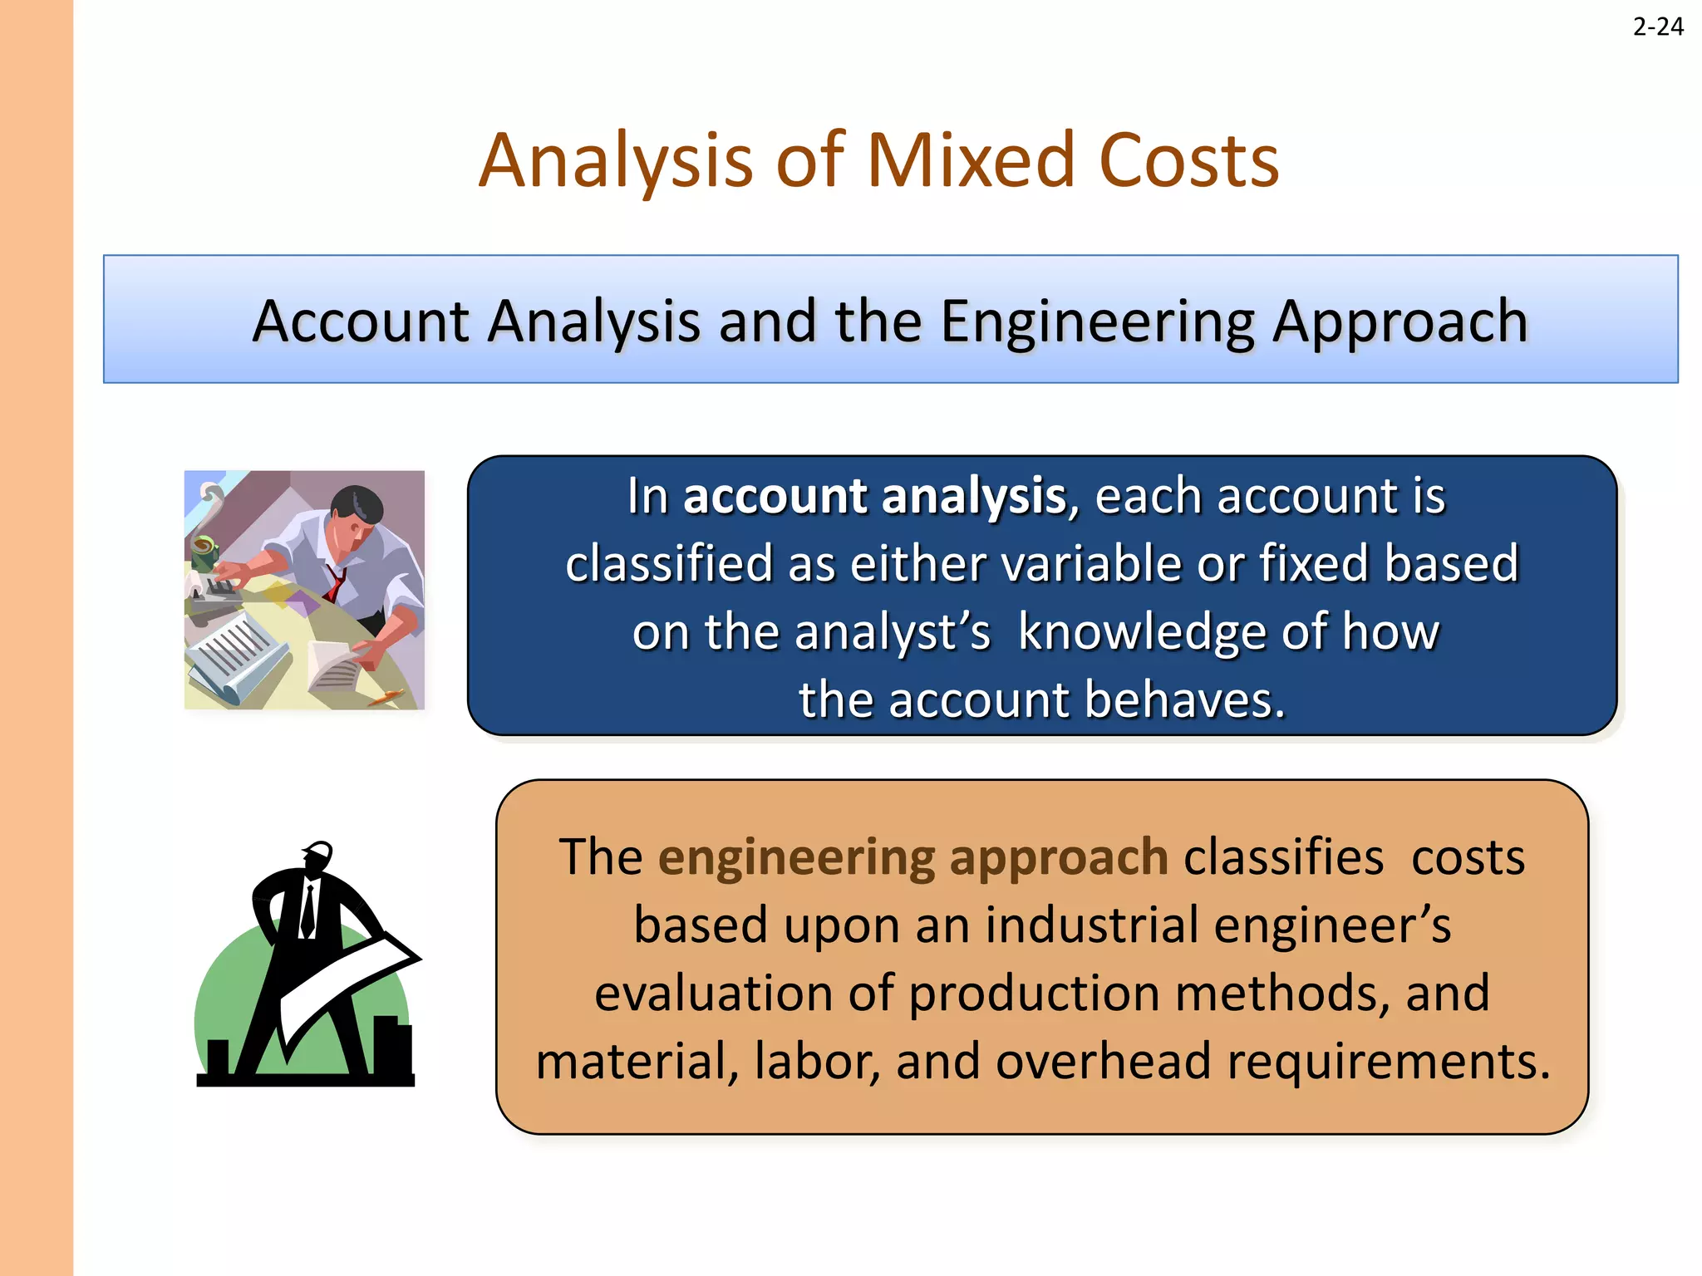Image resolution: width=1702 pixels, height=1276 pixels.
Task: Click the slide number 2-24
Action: tap(1657, 27)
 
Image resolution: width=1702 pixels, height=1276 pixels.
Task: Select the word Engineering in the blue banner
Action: tap(1097, 322)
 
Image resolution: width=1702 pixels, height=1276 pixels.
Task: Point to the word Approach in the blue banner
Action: tap(1400, 322)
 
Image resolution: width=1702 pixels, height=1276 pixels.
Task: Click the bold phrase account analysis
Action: tap(874, 497)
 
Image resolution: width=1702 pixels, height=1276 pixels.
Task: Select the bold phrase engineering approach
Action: tap(913, 857)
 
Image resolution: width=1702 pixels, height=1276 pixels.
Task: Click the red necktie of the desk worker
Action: tap(335, 583)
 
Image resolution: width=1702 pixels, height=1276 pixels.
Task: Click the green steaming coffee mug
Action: tap(204, 550)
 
